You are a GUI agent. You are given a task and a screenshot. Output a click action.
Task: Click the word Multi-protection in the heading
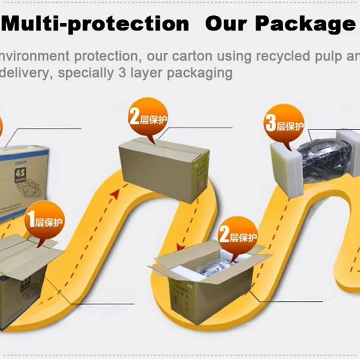97,24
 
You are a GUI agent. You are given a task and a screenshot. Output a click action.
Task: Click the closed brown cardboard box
164,169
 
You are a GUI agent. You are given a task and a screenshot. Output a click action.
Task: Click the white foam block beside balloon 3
286,166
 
